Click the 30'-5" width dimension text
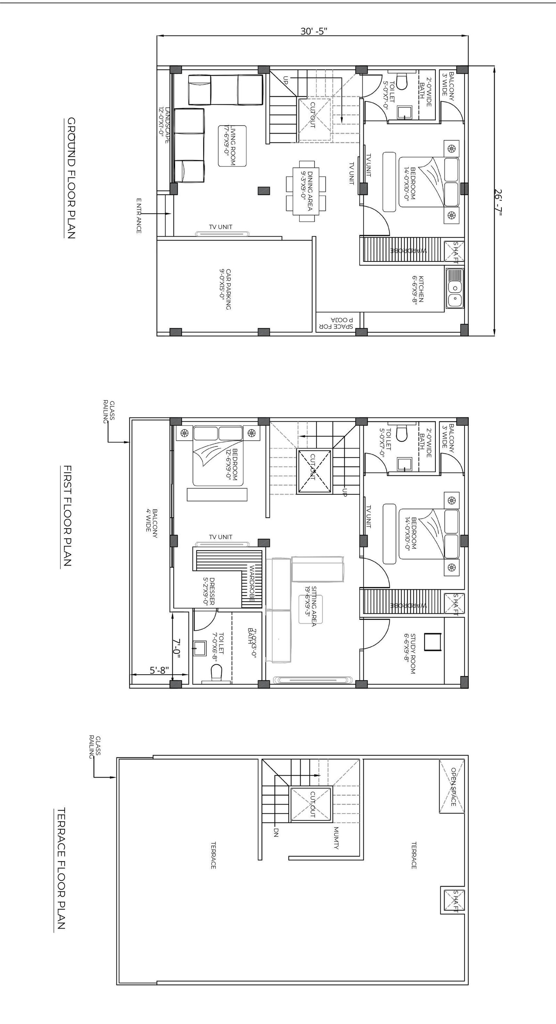[x=313, y=31]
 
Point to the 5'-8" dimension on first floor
[x=159, y=670]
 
